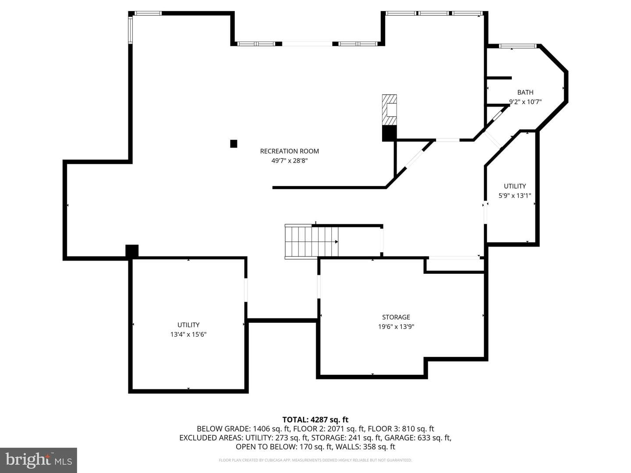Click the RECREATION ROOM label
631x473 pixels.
tap(289, 151)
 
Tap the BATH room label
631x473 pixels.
tap(525, 92)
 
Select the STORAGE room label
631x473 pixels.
tap(396, 317)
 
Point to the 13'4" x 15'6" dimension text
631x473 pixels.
tap(188, 334)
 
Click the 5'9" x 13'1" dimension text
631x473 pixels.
tap(514, 196)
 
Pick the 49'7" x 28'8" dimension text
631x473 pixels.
tap(290, 161)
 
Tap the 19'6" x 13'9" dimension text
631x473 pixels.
tap(396, 327)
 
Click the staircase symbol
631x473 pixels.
tap(312, 242)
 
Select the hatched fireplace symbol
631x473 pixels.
tap(389, 110)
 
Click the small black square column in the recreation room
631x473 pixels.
tap(234, 144)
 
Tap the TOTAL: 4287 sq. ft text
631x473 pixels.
tap(315, 420)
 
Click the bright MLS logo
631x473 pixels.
tap(39, 460)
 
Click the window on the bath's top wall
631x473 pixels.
tap(518, 46)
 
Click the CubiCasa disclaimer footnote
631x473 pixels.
tap(315, 460)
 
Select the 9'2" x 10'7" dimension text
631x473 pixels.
tap(525, 102)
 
